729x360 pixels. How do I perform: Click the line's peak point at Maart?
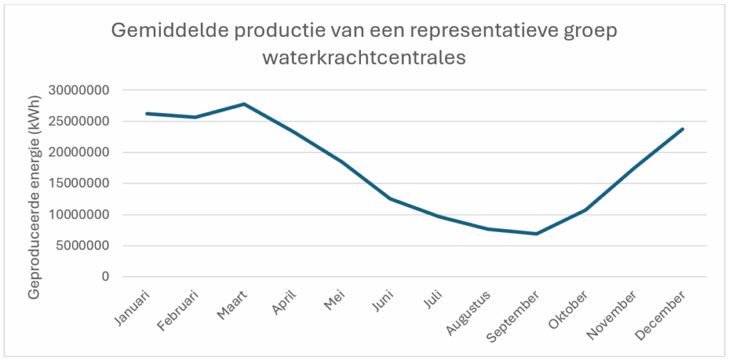click(x=244, y=104)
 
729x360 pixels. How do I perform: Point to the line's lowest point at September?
click(x=536, y=233)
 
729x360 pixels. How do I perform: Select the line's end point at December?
click(x=683, y=129)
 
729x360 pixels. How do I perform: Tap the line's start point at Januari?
click(x=147, y=113)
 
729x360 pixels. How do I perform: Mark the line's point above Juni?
click(x=390, y=198)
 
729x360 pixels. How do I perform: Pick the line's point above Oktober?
click(x=585, y=210)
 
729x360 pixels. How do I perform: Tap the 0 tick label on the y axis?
click(x=105, y=277)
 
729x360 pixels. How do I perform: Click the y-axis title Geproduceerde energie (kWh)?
click(x=33, y=185)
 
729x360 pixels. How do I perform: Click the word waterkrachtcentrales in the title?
click(x=364, y=58)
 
